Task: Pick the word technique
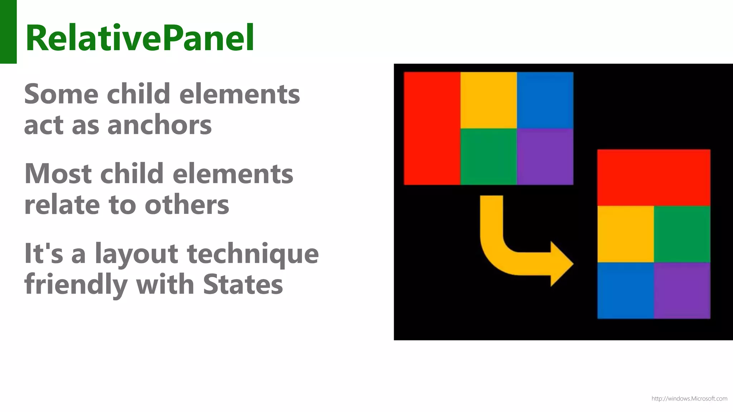click(253, 254)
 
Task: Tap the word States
click(243, 285)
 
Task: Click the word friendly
click(76, 285)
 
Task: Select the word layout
click(136, 254)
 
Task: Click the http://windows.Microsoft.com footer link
click(689, 398)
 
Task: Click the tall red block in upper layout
click(432, 128)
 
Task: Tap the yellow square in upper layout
click(489, 100)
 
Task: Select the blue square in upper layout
click(545, 100)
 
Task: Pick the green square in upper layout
click(489, 157)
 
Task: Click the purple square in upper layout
click(545, 157)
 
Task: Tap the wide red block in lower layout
click(654, 177)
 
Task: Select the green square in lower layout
click(682, 234)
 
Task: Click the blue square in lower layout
click(626, 290)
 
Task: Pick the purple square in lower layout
click(682, 290)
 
